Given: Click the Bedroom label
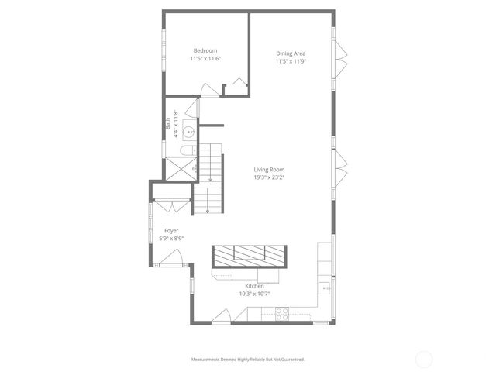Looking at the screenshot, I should [x=205, y=51].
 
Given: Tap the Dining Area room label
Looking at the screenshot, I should [x=291, y=53].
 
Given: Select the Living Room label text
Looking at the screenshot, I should [x=270, y=170].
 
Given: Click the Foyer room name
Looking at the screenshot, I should [x=171, y=231].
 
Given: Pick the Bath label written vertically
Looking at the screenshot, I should [x=167, y=123].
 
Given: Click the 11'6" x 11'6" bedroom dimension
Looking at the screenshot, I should [x=205, y=59].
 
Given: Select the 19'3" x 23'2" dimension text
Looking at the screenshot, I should [x=270, y=177].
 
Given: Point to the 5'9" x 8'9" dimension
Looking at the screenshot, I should [x=171, y=239].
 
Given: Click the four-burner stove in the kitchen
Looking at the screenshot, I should [x=283, y=314].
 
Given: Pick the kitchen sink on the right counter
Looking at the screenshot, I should [x=325, y=289].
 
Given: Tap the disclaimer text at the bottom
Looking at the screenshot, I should [x=248, y=360].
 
